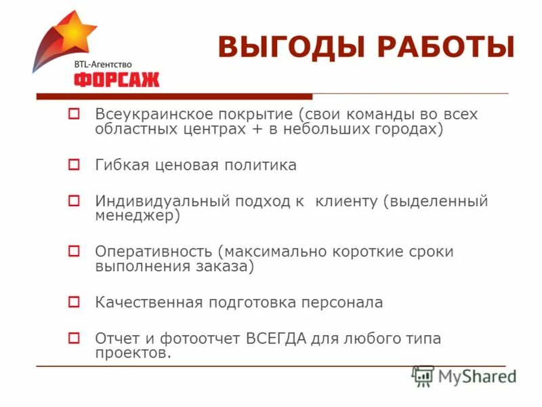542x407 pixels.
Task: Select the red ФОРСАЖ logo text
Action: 117,79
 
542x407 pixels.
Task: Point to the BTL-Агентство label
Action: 103,64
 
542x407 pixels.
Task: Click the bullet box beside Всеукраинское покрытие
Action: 75,115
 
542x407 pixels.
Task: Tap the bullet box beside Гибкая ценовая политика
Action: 75,165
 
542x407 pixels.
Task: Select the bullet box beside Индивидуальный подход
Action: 75,201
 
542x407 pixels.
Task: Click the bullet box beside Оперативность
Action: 75,252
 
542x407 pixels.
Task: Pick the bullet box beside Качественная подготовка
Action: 75,302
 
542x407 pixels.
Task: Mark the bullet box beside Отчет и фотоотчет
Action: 75,338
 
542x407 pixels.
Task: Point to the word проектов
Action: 133,353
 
